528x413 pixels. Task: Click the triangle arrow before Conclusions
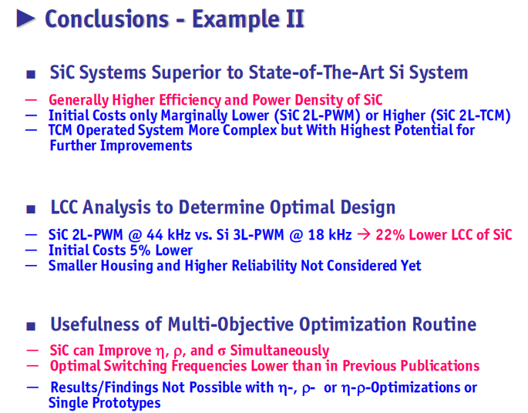click(26, 18)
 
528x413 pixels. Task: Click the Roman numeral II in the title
click(295, 18)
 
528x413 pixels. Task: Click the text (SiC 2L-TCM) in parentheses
click(471, 116)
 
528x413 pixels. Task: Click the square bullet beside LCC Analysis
click(31, 210)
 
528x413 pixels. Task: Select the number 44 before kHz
click(155, 234)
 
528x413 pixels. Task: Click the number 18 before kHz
click(316, 234)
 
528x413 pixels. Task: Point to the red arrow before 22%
click(364, 234)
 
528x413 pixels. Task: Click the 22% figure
click(390, 234)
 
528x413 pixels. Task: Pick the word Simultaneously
click(280, 351)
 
